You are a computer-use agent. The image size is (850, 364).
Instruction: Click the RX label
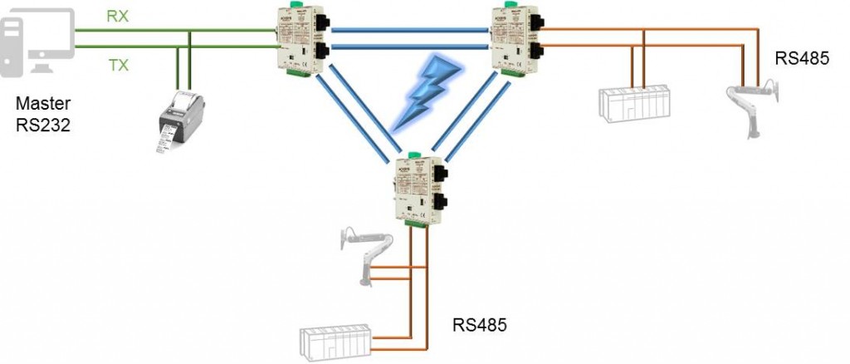tap(118, 15)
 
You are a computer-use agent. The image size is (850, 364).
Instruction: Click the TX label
tap(119, 65)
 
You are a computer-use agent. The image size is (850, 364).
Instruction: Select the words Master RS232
tap(44, 115)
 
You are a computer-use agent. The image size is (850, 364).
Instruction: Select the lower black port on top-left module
tap(322, 54)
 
